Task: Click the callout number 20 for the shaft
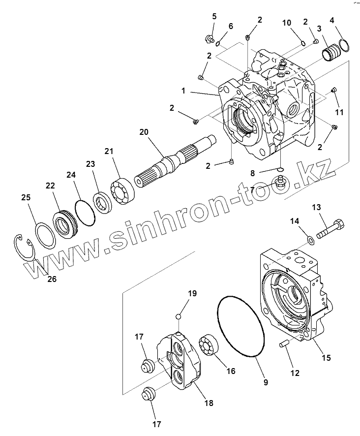pyautogui.click(x=143, y=131)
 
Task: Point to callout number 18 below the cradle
pyautogui.click(x=209, y=403)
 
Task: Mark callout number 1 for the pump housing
pyautogui.click(x=183, y=91)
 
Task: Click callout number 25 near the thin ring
pyautogui.click(x=26, y=197)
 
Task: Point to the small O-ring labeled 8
pyautogui.click(x=279, y=170)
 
